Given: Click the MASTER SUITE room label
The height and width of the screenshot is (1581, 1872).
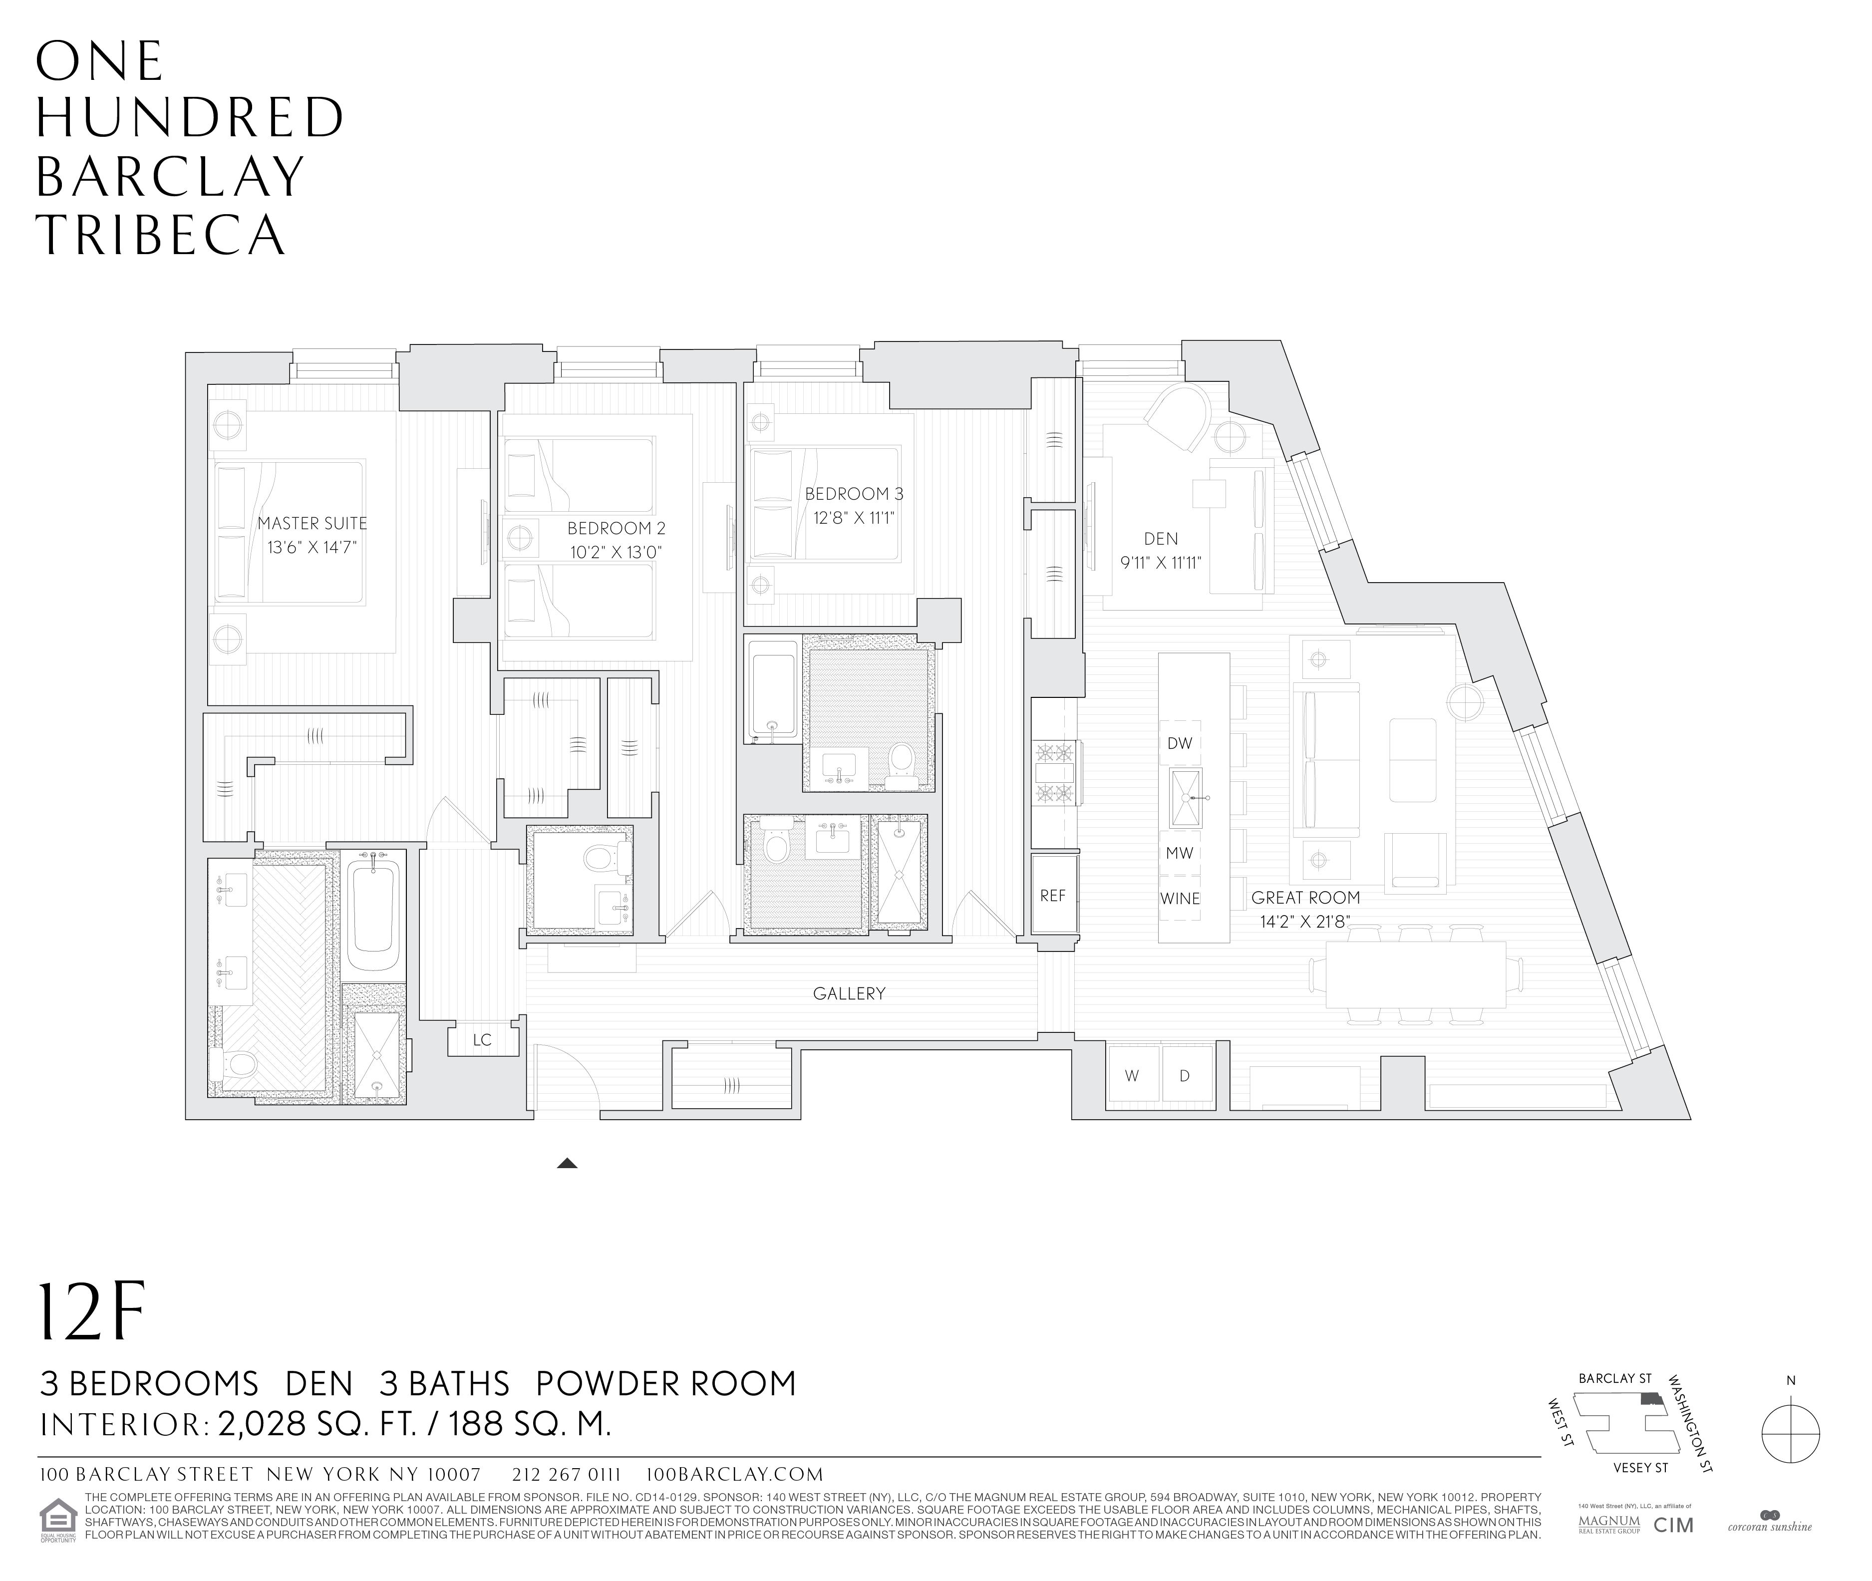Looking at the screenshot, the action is coord(312,523).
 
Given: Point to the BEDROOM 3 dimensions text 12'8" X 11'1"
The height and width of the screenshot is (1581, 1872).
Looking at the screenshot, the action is coord(854,518).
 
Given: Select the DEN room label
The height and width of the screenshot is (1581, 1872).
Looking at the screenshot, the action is coord(1161,539).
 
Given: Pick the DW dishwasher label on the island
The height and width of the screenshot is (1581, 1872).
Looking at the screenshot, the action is coord(1179,743).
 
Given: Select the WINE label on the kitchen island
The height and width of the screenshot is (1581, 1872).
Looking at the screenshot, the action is coord(1179,898).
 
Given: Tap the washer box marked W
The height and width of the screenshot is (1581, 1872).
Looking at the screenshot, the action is coord(1132,1075).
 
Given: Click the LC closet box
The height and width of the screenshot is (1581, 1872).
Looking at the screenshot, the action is coord(482,1040).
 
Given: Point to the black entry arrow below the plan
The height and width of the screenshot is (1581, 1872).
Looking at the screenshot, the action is coord(567,1164).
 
